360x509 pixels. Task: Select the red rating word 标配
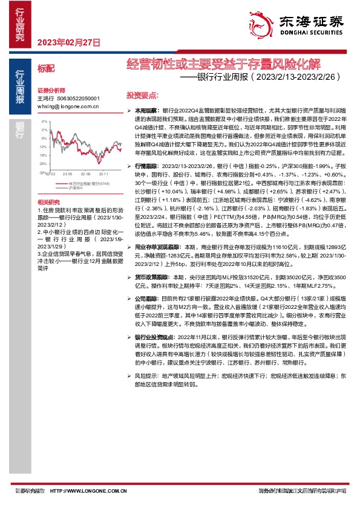pyautogui.click(x=46, y=70)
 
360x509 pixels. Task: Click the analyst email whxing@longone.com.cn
pyautogui.click(x=68, y=105)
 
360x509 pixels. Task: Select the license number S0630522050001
pyautogui.click(x=77, y=98)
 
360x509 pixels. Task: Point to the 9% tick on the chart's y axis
pyautogui.click(x=44, y=121)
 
